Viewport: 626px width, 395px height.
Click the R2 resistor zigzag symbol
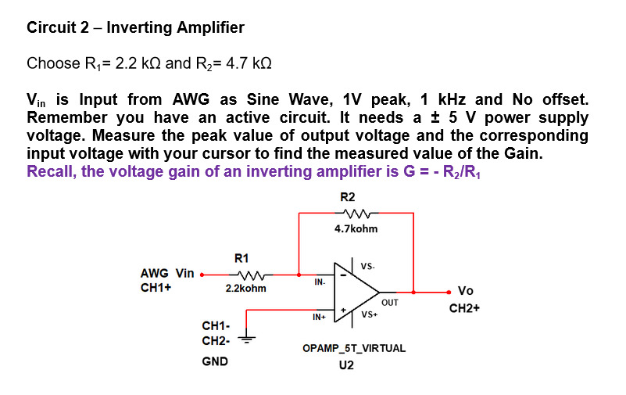(x=356, y=214)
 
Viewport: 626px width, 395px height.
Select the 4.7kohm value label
(x=356, y=229)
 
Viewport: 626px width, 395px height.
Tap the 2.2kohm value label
(x=245, y=289)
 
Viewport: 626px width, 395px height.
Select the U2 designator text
(x=346, y=365)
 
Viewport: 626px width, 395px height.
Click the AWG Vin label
(x=167, y=273)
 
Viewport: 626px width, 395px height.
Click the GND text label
(x=214, y=361)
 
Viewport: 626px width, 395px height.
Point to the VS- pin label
(x=368, y=266)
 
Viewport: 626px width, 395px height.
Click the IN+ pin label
(x=318, y=317)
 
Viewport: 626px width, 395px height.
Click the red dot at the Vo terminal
(x=449, y=292)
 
